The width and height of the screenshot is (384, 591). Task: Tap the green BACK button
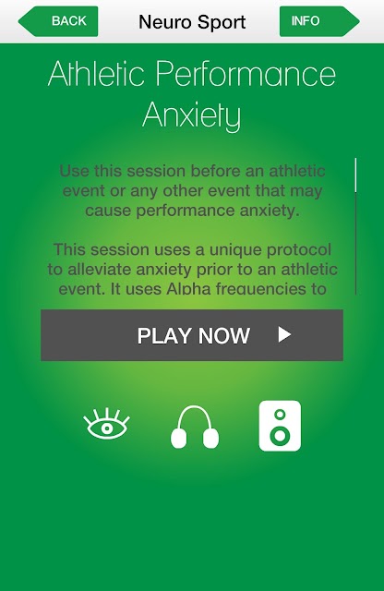click(x=58, y=21)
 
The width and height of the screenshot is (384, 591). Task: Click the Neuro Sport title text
click(x=192, y=22)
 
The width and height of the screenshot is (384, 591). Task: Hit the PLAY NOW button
click(x=192, y=335)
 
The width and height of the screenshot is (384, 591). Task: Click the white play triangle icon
click(x=284, y=334)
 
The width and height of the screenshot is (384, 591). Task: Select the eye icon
click(x=107, y=424)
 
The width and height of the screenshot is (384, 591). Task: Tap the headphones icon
click(x=195, y=427)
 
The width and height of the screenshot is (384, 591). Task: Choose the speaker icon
click(x=280, y=426)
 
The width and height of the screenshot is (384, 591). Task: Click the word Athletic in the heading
click(x=97, y=73)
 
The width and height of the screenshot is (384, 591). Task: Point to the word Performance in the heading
click(x=246, y=74)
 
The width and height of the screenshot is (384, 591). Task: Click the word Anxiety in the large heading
click(x=192, y=115)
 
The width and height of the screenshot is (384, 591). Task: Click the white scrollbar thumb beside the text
click(x=355, y=175)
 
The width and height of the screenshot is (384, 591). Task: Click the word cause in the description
click(x=108, y=211)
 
